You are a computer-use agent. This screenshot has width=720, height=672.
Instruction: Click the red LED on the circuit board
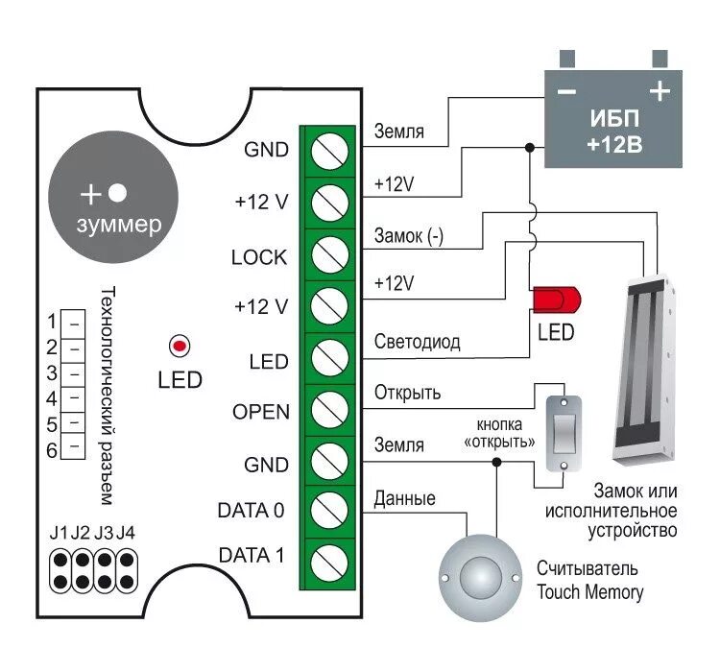tap(179, 345)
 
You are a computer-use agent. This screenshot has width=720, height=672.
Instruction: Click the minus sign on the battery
tap(566, 93)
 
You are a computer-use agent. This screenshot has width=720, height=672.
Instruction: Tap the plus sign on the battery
tap(659, 92)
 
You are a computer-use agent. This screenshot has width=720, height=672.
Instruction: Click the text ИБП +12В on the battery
tap(614, 133)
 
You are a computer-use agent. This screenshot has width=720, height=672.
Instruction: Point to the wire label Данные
tap(404, 498)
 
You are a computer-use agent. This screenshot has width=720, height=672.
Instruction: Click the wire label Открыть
tap(407, 394)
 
